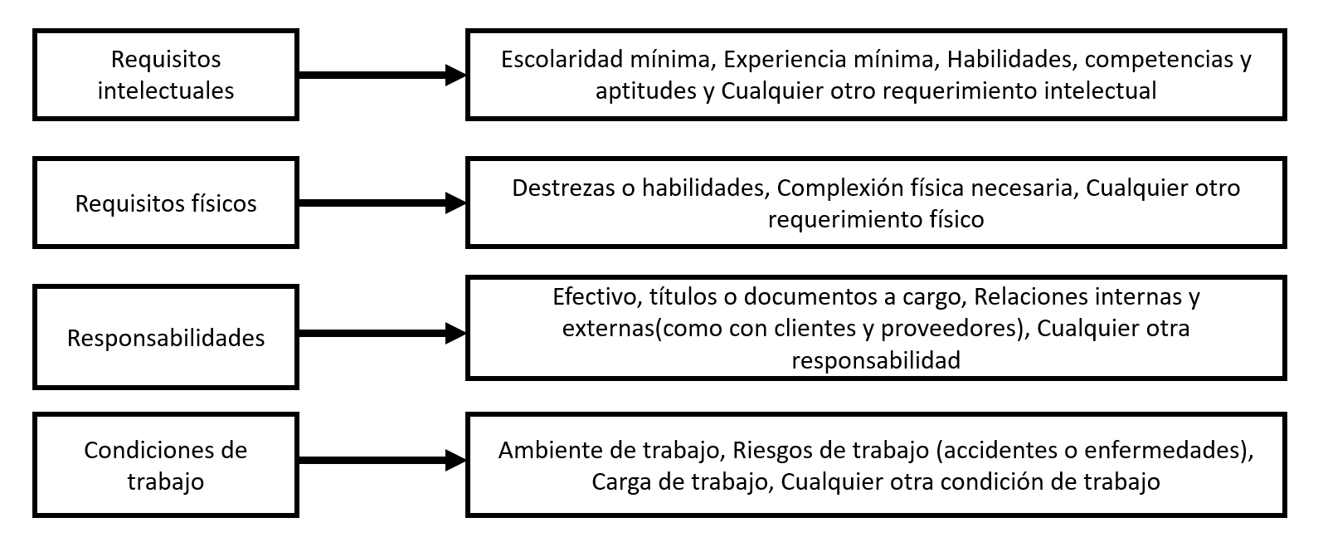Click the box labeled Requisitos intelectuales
[165, 75]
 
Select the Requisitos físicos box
[165, 203]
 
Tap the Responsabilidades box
[165, 337]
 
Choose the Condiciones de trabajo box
[165, 465]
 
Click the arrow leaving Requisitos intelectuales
[382, 75]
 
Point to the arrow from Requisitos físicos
[382, 203]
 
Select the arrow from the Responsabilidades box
[382, 334]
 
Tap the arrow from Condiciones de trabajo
[382, 461]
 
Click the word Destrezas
[565, 188]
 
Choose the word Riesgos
[771, 452]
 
